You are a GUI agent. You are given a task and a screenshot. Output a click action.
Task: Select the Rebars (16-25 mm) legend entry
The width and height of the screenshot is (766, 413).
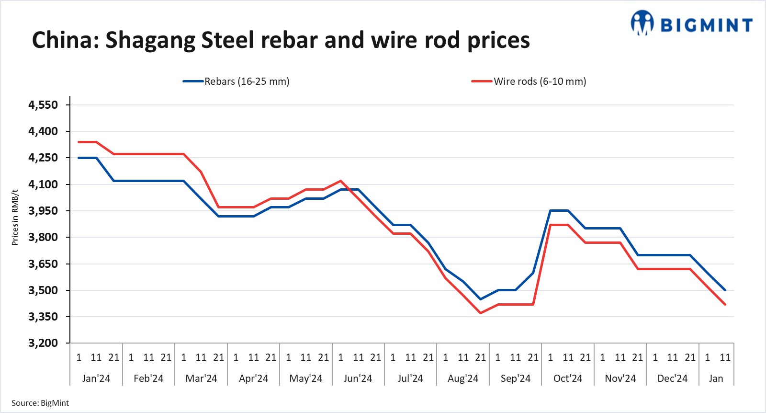click(x=237, y=81)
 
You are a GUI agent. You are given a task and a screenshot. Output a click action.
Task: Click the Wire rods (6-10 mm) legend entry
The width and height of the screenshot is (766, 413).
click(x=529, y=81)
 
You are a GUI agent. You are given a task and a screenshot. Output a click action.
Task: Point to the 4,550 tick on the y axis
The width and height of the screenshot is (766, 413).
click(x=43, y=105)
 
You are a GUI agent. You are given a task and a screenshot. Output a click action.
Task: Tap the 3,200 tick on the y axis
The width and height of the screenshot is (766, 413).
click(x=43, y=343)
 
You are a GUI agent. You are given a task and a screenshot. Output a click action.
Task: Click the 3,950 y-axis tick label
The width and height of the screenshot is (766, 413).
click(x=43, y=211)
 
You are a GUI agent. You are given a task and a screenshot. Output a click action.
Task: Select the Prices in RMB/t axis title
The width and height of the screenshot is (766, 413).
click(x=15, y=217)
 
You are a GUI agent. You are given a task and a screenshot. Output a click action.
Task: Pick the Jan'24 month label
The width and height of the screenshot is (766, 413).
click(x=96, y=379)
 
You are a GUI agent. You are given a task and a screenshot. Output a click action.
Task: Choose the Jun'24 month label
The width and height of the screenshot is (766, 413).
click(x=358, y=379)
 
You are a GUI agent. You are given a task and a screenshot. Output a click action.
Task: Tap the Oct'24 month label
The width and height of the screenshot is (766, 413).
click(x=567, y=379)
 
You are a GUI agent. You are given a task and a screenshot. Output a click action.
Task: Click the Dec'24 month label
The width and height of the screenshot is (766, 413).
click(x=672, y=379)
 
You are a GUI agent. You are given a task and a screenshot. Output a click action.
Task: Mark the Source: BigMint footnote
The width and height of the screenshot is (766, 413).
click(x=40, y=403)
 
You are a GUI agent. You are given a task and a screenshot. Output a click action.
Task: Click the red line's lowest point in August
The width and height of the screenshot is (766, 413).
click(x=481, y=313)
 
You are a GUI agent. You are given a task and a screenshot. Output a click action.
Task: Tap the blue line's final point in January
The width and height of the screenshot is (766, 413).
click(x=725, y=290)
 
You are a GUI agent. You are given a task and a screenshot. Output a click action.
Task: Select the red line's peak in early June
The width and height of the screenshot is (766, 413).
click(x=340, y=181)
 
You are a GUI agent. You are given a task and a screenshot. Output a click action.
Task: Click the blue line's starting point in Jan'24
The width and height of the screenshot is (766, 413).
click(x=79, y=158)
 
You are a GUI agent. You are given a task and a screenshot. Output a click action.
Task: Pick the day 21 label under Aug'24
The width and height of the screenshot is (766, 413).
click(x=481, y=357)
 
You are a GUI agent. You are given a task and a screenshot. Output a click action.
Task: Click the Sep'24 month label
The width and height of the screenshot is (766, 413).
click(x=515, y=379)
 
